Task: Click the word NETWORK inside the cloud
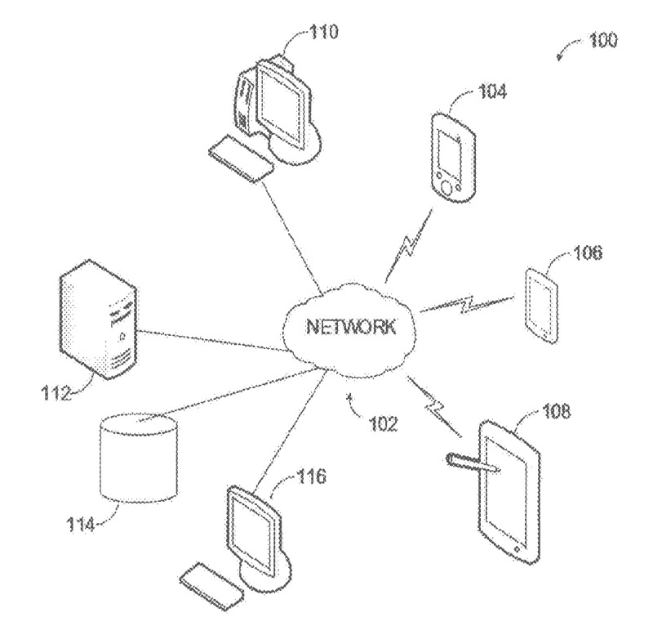(350, 329)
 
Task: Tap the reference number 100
(602, 39)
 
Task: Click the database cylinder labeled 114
(136, 458)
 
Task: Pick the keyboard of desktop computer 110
(241, 161)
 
